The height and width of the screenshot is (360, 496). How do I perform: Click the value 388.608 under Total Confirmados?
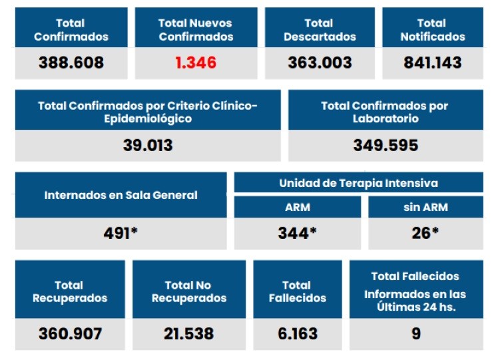click(x=71, y=63)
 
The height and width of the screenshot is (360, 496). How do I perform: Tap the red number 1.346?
click(x=196, y=63)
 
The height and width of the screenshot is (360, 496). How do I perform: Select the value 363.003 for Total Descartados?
click(x=320, y=63)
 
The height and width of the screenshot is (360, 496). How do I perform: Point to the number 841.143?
click(x=432, y=63)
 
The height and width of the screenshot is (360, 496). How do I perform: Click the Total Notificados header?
click(x=432, y=30)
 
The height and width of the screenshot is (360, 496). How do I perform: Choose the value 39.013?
click(x=147, y=145)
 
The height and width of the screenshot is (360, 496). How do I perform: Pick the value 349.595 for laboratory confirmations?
click(x=385, y=145)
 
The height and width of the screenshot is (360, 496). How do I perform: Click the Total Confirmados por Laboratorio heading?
click(x=385, y=112)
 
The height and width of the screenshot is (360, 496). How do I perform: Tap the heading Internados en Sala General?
click(x=121, y=196)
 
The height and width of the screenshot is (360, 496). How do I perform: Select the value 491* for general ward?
click(x=121, y=234)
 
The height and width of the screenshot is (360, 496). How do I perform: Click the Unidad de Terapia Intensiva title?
click(x=358, y=183)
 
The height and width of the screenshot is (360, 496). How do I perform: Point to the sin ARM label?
click(x=425, y=207)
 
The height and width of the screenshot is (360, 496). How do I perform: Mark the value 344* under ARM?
click(x=297, y=234)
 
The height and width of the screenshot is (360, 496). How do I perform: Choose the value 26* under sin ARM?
click(x=425, y=234)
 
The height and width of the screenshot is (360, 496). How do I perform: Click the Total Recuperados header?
click(x=70, y=292)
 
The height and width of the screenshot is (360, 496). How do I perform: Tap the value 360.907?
click(x=70, y=333)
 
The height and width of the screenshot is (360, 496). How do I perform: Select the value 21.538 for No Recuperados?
click(x=189, y=333)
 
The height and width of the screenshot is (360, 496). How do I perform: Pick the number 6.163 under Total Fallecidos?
click(x=298, y=333)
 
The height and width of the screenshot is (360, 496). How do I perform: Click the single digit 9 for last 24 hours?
click(x=416, y=333)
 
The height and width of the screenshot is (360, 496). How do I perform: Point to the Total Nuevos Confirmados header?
click(x=196, y=30)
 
